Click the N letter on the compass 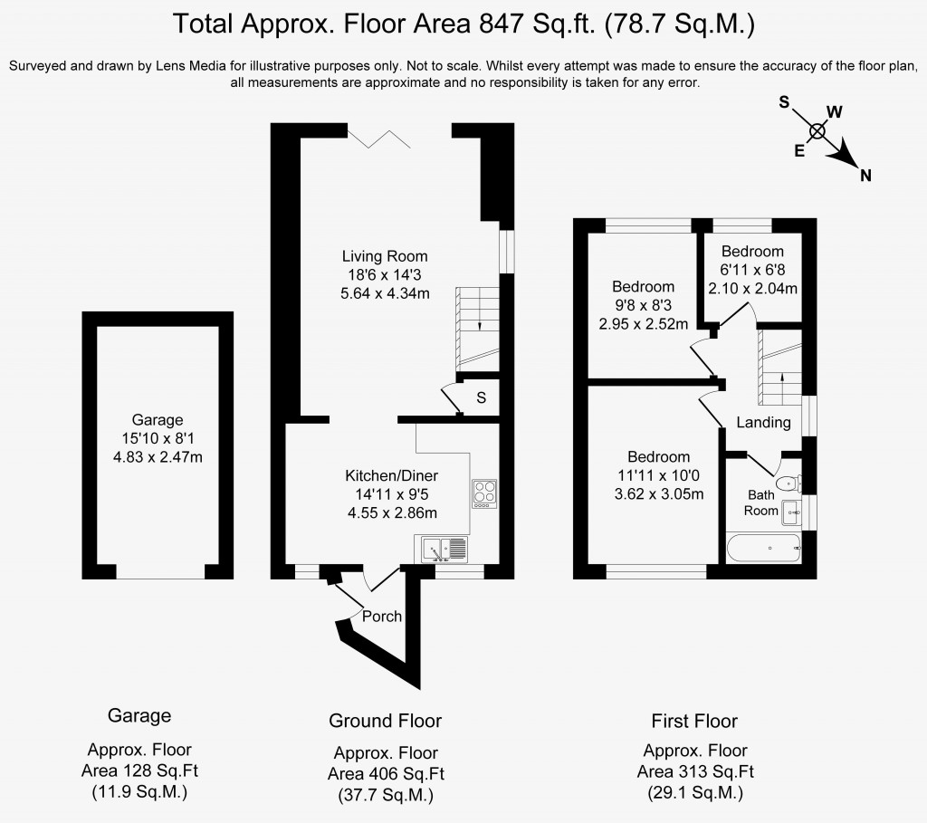coord(865,176)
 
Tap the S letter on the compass coord(784,102)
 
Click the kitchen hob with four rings coord(484,493)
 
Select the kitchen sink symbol coord(444,550)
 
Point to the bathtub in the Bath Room coord(763,548)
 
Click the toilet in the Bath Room coord(788,483)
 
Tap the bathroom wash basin coord(791,512)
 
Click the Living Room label coord(385,256)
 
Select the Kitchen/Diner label coord(391,475)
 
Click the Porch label coord(382,616)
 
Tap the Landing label coord(763,422)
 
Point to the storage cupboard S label coord(482,397)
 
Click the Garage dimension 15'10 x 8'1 coord(158,438)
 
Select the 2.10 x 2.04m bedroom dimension coord(752,289)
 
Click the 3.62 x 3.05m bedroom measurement coord(659,493)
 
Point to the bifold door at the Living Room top coord(379,137)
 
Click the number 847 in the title coord(501,24)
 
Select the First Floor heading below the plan coord(694,722)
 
